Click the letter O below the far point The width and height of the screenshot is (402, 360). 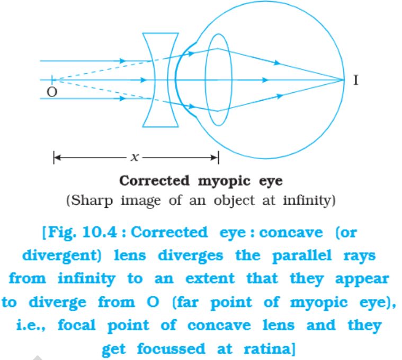click(52, 92)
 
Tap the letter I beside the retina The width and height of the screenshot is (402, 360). click(355, 80)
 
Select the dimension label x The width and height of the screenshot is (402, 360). click(135, 157)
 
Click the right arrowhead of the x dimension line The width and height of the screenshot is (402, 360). click(215, 157)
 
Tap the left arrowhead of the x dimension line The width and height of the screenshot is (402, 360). click(57, 157)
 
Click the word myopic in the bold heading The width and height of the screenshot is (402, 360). click(224, 182)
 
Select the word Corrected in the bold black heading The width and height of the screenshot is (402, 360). click(154, 181)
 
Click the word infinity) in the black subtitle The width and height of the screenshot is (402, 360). click(309, 200)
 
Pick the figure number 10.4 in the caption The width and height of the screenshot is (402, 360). click(100, 232)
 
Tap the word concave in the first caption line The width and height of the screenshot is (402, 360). click(291, 233)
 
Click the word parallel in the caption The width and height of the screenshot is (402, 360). click(302, 256)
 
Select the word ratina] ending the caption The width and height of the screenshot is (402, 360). click(270, 349)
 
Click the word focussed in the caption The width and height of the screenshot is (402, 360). click(171, 349)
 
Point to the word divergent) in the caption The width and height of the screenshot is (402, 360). click(62, 256)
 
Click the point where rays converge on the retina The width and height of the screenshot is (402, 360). click(344, 80)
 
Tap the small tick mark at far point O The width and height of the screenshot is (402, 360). click(52, 80)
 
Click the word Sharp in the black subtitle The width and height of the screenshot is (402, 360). click(92, 200)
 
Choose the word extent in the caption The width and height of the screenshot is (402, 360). click(210, 279)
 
